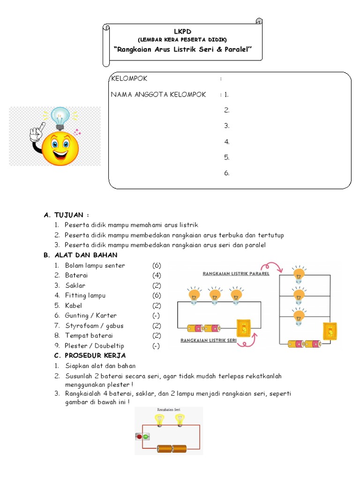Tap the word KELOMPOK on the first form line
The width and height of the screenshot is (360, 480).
(129, 78)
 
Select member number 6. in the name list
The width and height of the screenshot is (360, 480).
(227, 173)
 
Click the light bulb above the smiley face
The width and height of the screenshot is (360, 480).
(60, 117)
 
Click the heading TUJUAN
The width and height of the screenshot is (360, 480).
(71, 215)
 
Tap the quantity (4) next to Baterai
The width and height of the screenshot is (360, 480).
(156, 275)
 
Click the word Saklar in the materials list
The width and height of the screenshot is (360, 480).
(75, 285)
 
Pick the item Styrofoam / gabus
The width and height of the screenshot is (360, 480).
(94, 326)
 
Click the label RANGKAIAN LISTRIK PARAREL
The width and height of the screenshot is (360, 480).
(236, 273)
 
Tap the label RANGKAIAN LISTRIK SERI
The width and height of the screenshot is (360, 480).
(209, 341)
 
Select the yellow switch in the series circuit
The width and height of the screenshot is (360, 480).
(244, 328)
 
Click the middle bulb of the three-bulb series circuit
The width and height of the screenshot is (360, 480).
(215, 296)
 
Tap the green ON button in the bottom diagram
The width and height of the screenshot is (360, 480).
(145, 437)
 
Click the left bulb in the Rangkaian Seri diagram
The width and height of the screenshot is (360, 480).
(160, 420)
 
